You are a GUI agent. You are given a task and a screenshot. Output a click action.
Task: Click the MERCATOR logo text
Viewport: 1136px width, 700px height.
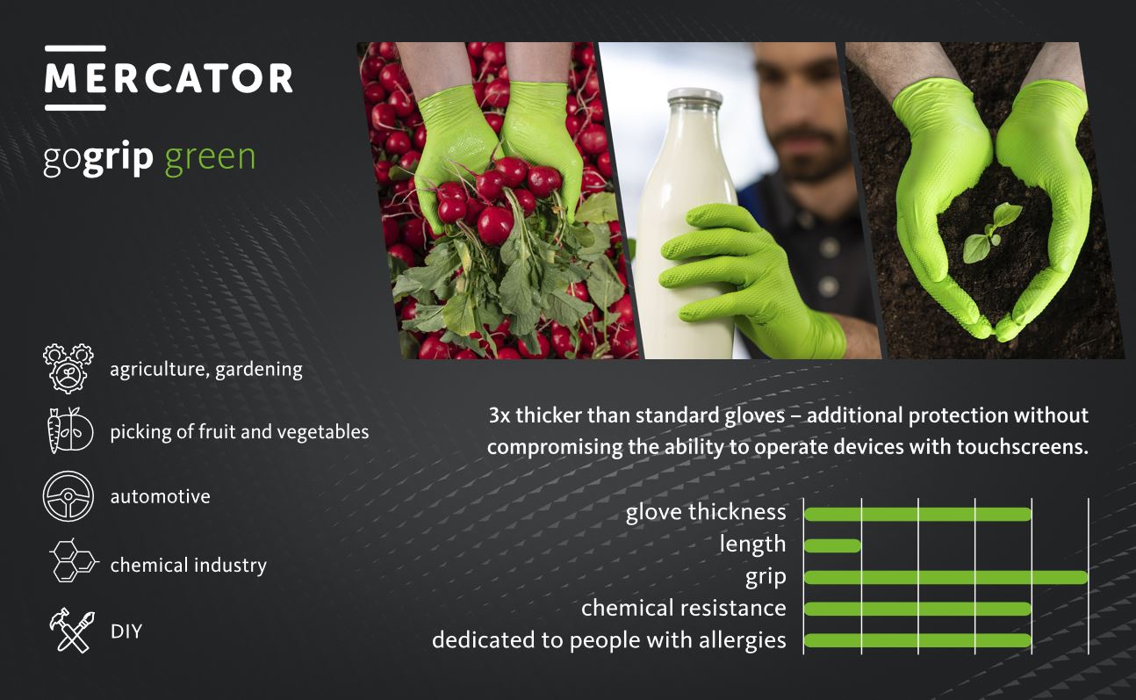coord(169,78)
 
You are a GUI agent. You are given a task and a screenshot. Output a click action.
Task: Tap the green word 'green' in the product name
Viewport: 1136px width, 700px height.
coord(210,157)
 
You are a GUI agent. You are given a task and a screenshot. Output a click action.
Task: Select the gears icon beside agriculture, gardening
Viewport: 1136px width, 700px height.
coord(68,369)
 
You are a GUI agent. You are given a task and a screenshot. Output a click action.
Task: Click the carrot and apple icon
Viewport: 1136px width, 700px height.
coord(70,430)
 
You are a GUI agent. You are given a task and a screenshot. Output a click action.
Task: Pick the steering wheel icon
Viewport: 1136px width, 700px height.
coord(68,496)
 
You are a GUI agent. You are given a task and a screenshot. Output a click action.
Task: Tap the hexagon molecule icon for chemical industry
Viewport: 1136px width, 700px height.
coord(73,560)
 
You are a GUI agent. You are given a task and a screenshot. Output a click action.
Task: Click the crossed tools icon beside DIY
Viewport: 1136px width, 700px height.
coord(72,630)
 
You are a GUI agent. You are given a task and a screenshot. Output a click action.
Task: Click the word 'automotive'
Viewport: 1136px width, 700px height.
coord(161,496)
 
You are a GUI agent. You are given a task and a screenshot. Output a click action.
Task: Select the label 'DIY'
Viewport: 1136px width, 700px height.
coord(126,631)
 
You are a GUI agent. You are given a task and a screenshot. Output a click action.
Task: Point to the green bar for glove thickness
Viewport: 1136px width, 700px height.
coord(918,515)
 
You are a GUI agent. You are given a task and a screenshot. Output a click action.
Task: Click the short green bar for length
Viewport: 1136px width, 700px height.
coord(833,545)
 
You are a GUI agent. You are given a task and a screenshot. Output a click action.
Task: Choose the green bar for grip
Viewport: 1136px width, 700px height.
coord(946,577)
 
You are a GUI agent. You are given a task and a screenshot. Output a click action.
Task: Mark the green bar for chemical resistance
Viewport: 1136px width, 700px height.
coord(918,609)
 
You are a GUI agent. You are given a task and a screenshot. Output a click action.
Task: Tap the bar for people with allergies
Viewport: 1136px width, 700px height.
coord(918,640)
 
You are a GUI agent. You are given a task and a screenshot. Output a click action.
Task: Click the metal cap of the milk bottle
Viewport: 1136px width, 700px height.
coord(694,97)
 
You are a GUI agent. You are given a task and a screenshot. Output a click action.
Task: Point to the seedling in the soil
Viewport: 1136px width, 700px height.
coord(990,233)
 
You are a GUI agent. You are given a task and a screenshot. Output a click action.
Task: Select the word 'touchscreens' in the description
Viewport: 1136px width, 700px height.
coord(1023,447)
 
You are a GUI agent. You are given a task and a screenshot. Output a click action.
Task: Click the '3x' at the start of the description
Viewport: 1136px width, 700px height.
coord(500,415)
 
